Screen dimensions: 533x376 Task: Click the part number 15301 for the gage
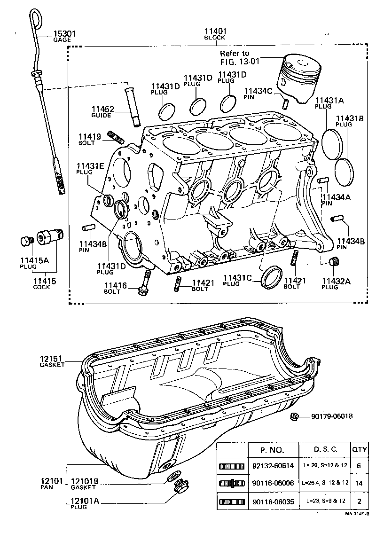point(64,34)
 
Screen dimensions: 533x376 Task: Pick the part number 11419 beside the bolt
point(89,137)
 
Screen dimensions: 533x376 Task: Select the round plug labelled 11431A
point(333,139)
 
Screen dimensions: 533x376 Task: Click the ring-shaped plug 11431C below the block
point(272,277)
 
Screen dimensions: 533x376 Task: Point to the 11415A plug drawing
point(26,241)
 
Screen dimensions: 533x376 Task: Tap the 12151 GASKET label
point(52,361)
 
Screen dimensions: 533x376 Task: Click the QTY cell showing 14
point(360,483)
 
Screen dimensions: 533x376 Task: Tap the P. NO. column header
point(273,449)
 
